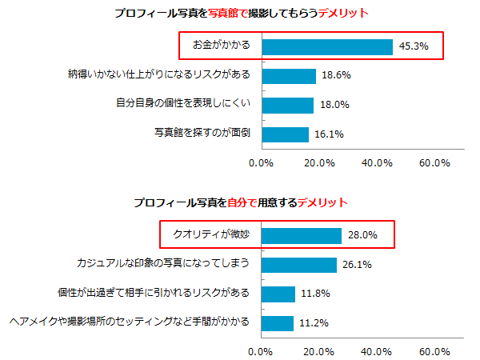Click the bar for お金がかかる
click(x=327, y=46)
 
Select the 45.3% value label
click(x=413, y=46)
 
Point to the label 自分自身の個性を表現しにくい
click(x=183, y=103)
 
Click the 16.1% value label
click(x=329, y=134)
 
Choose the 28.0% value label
click(x=362, y=235)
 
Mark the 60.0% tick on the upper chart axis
click(x=434, y=163)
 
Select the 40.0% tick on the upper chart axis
click(x=377, y=163)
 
